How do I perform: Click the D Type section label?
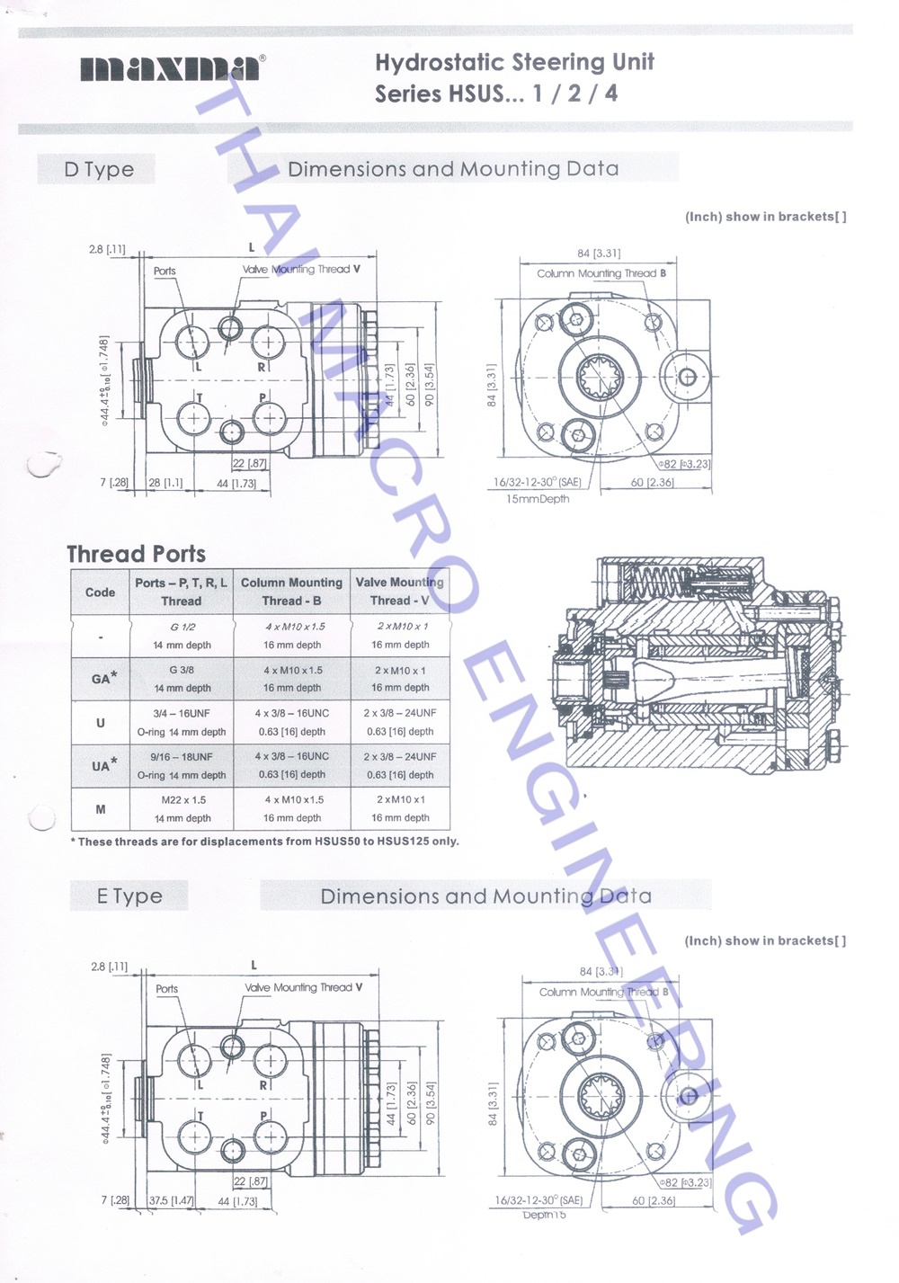coord(98,169)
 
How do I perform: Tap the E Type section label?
coord(129,896)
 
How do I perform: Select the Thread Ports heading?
coord(136,554)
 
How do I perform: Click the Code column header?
coord(100,592)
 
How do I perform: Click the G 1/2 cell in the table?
coord(182,627)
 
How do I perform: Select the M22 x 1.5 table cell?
coord(182,799)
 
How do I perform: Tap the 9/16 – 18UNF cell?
coord(182,756)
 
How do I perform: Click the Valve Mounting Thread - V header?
coord(399,591)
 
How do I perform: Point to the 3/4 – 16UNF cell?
coord(182,713)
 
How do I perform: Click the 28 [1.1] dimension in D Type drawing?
coord(165,483)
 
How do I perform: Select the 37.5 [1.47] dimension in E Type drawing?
coord(171,1200)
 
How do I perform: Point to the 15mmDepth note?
coord(538,499)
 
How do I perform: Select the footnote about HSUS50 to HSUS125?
coord(264,842)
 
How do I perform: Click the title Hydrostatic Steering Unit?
coord(513,62)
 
